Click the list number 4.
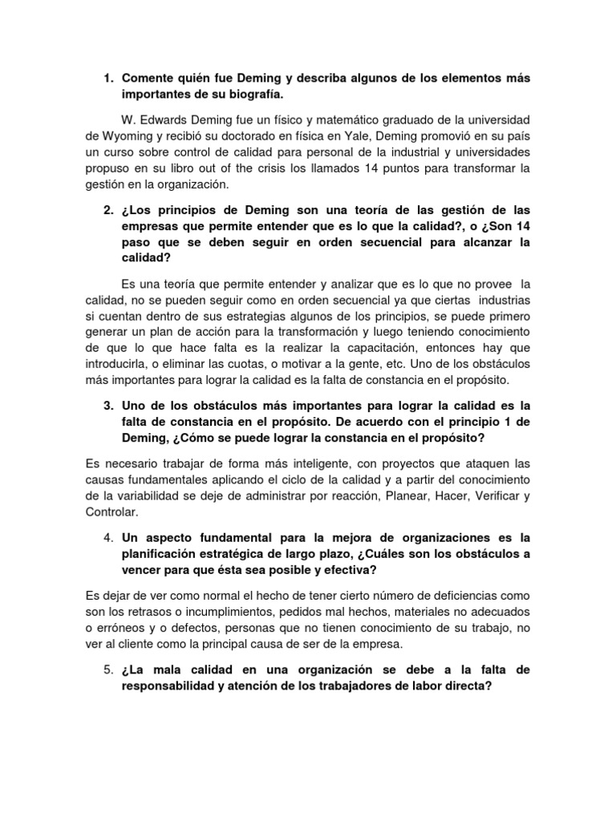[x=108, y=536]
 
